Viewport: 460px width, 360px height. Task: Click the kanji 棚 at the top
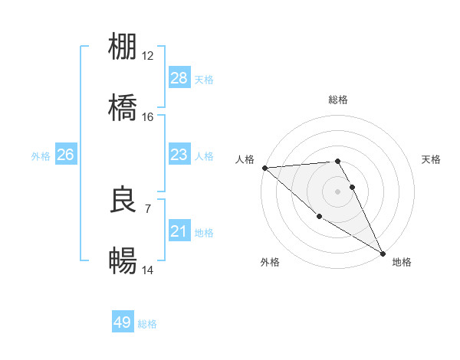(123, 47)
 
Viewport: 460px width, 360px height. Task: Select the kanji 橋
(123, 106)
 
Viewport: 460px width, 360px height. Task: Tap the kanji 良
(123, 200)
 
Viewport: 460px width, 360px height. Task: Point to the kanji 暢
(123, 260)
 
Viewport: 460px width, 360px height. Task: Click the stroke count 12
(148, 56)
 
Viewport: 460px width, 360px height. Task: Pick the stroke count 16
(148, 116)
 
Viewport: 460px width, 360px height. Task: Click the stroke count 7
(147, 208)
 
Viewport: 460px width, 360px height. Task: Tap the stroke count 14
(148, 270)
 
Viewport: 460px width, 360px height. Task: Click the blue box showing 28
(179, 78)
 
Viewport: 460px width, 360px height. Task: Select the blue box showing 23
(179, 155)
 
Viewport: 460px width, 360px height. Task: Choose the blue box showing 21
(179, 231)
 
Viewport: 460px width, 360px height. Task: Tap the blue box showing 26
(65, 155)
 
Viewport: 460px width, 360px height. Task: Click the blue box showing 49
(123, 322)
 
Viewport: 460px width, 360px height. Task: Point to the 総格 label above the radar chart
(338, 100)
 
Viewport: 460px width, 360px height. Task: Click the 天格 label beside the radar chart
(431, 159)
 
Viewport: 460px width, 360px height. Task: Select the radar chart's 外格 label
(270, 262)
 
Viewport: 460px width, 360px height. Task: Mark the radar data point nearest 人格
(264, 168)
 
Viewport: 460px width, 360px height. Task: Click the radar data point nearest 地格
(383, 253)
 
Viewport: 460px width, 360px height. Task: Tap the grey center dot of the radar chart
(338, 191)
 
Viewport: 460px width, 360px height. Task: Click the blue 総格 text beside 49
(147, 324)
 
